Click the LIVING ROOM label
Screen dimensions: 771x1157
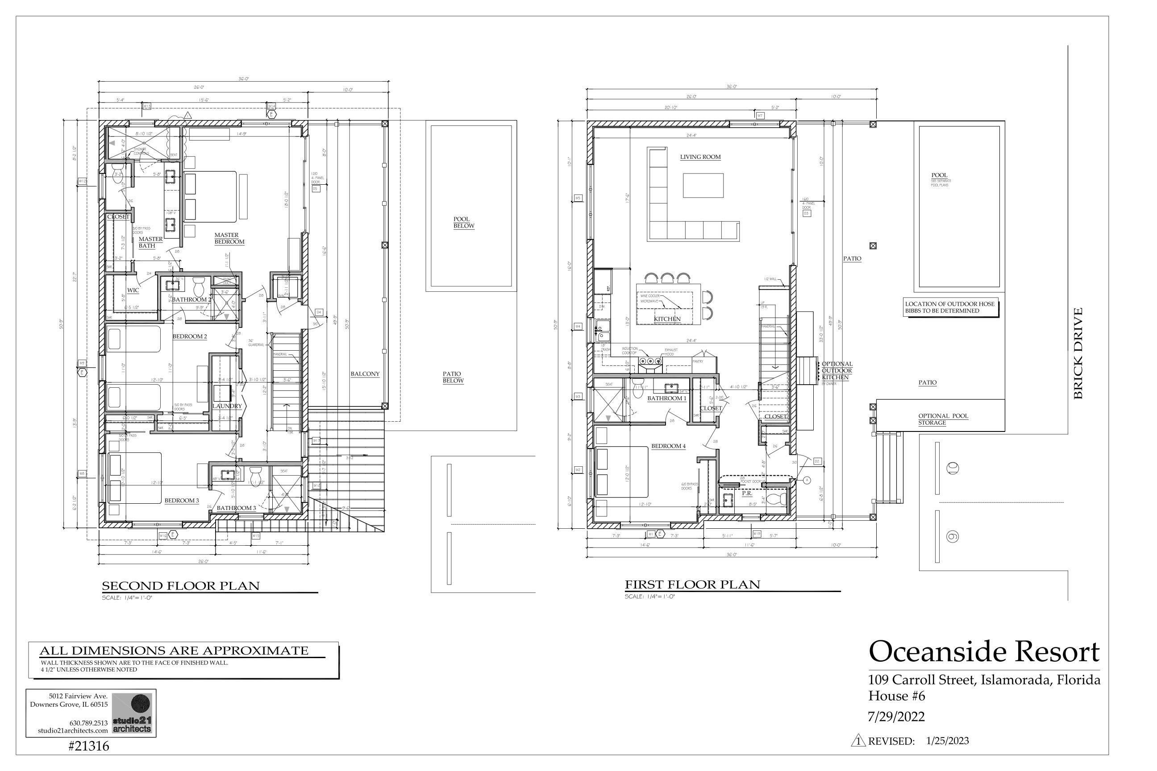(700, 158)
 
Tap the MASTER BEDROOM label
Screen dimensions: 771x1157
(229, 238)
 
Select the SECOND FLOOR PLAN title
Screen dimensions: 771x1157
(180, 586)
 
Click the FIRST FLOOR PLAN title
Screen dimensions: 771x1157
(692, 584)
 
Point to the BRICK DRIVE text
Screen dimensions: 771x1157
(1078, 353)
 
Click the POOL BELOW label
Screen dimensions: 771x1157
(463, 223)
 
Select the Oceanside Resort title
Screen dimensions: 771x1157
(984, 651)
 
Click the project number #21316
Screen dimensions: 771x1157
(88, 746)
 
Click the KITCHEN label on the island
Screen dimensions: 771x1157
(667, 319)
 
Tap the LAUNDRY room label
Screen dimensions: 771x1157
(227, 406)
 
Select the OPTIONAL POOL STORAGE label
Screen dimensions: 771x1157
(943, 419)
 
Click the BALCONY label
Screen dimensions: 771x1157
(365, 374)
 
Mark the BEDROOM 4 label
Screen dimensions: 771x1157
(668, 446)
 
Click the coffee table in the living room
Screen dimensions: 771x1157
(703, 185)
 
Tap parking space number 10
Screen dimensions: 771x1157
(953, 468)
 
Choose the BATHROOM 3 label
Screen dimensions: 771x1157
(236, 508)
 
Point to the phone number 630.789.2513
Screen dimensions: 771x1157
(88, 723)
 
